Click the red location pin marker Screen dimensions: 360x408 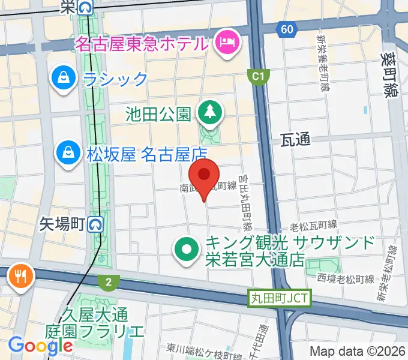tap(205, 176)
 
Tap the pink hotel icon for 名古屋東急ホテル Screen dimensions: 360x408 tap(227, 43)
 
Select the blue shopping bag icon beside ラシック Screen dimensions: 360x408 tap(62, 78)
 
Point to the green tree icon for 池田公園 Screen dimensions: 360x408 tap(210, 112)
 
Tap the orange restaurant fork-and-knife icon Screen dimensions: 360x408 tap(22, 277)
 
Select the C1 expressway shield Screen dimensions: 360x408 tap(257, 76)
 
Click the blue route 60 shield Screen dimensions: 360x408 tap(286, 29)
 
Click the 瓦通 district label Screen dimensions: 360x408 tap(295, 140)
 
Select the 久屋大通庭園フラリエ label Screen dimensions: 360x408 tap(94, 322)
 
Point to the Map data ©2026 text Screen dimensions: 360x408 tap(358, 351)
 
